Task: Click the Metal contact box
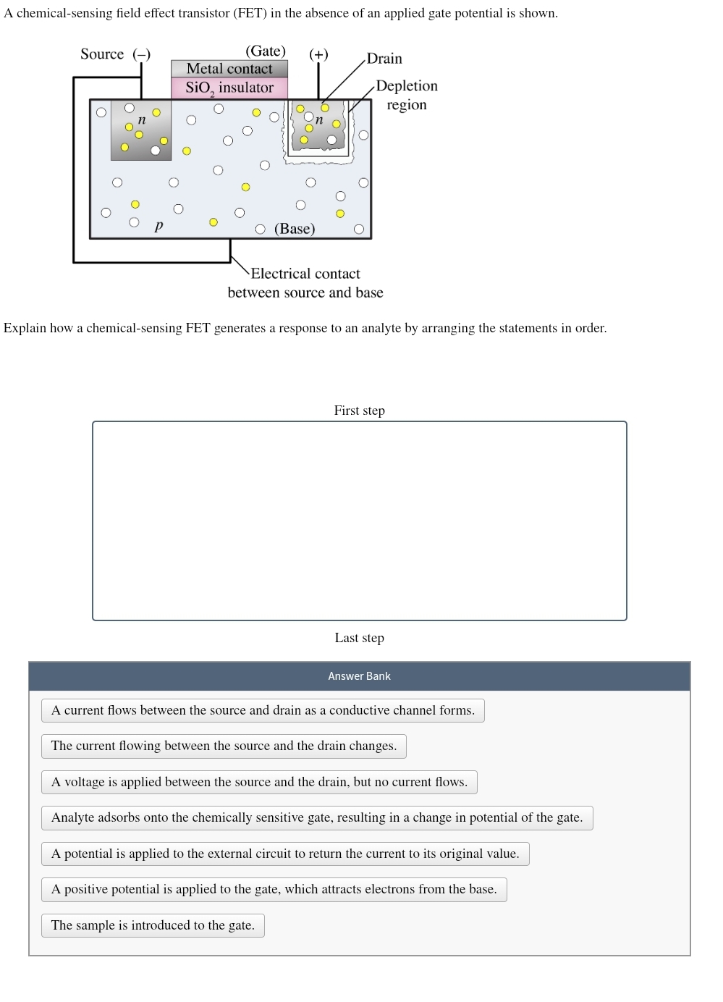click(229, 69)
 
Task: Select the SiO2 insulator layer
click(229, 88)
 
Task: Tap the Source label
click(102, 54)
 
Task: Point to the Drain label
click(384, 59)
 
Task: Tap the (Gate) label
click(266, 51)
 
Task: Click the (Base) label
click(295, 229)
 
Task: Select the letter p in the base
click(159, 226)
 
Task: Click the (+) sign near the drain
click(318, 54)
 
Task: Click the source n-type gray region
click(141, 130)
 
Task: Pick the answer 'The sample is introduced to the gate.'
click(153, 925)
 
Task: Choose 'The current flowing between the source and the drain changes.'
click(224, 746)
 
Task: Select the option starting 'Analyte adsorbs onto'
click(317, 817)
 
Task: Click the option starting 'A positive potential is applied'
click(274, 889)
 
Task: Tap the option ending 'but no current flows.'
click(259, 782)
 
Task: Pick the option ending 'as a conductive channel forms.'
click(263, 710)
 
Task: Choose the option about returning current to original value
click(285, 854)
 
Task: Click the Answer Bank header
click(359, 676)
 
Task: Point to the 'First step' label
click(359, 411)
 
